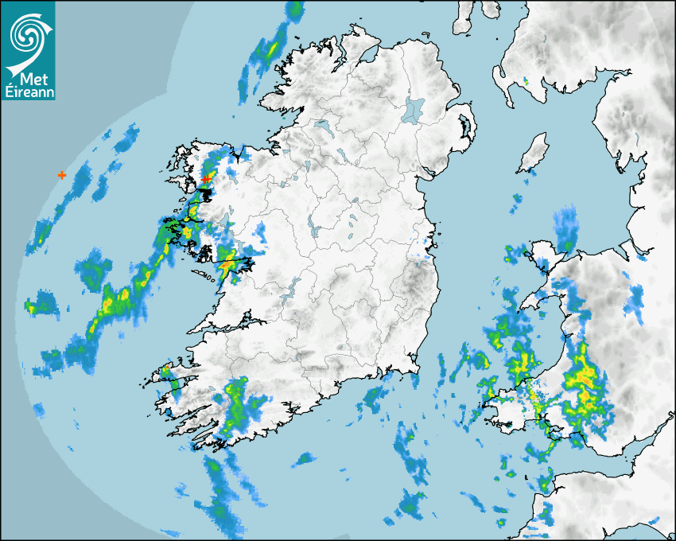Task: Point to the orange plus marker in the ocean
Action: [x=62, y=174]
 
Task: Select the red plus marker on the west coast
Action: [x=207, y=179]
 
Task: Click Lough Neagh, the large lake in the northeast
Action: [x=414, y=108]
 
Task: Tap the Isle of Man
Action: [x=534, y=153]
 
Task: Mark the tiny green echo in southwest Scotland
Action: [x=526, y=81]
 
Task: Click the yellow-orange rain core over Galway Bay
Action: [x=228, y=262]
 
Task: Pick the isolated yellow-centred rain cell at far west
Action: [x=32, y=306]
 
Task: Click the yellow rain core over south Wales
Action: [x=585, y=382]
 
